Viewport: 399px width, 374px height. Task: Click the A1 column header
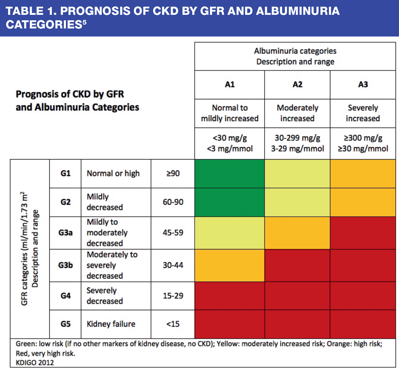click(229, 85)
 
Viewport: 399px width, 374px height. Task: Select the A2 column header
click(297, 85)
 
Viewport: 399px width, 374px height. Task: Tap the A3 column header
click(363, 85)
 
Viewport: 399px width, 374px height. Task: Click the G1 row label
click(65, 174)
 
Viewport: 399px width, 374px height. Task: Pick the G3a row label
click(65, 233)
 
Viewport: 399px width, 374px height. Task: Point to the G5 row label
click(65, 324)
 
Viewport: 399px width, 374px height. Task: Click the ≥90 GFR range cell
click(172, 174)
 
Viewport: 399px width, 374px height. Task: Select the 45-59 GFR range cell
click(172, 233)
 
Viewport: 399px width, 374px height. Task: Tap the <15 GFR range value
click(172, 324)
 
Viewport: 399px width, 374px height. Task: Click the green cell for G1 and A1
click(229, 174)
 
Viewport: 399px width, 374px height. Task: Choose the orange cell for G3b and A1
click(229, 265)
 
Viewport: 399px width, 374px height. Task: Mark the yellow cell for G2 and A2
click(297, 202)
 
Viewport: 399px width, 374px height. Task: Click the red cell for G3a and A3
click(363, 233)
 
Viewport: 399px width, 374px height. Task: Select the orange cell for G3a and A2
click(297, 233)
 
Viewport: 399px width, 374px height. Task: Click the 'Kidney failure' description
click(111, 324)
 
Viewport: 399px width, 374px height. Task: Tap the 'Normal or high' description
click(113, 174)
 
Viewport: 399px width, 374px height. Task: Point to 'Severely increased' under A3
click(363, 113)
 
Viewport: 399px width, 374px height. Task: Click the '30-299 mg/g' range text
click(297, 139)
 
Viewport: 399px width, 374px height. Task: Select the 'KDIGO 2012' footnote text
click(35, 362)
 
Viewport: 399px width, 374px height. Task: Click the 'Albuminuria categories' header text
click(295, 51)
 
